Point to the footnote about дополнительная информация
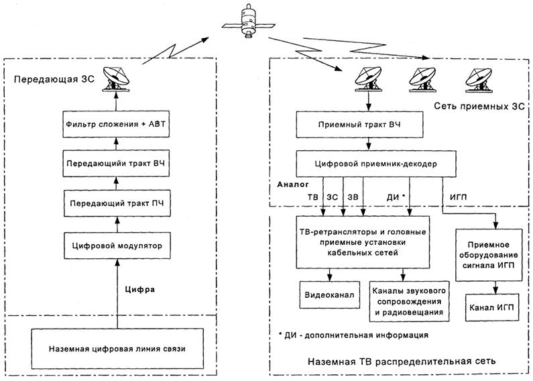tap(352, 334)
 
